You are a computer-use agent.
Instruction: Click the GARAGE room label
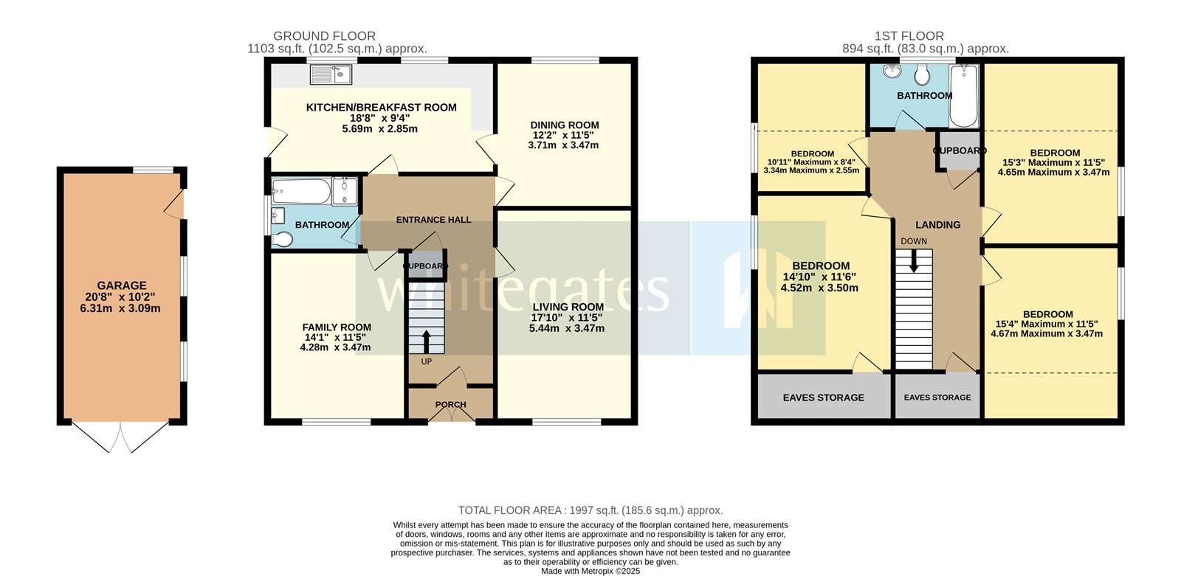tap(122, 285)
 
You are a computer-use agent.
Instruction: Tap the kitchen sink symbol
tap(331, 73)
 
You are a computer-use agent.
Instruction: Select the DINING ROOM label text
tap(565, 125)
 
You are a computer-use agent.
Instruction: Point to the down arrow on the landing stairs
tap(914, 260)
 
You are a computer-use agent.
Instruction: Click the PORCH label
tap(450, 405)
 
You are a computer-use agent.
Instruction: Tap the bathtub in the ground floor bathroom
tap(300, 192)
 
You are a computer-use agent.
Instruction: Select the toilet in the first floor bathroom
tap(920, 74)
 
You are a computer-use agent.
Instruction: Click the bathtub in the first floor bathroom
tap(963, 96)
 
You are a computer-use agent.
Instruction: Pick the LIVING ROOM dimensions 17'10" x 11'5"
tap(567, 318)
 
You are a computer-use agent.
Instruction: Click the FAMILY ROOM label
tap(337, 327)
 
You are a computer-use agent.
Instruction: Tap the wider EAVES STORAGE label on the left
tap(824, 398)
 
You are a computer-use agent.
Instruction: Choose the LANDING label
tap(938, 225)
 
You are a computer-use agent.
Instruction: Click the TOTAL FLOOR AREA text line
tap(590, 510)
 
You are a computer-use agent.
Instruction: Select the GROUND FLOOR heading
tap(324, 36)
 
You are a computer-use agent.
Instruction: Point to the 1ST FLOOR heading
tap(909, 36)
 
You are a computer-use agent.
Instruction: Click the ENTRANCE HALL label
tap(433, 220)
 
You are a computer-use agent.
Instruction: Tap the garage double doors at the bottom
tap(122, 437)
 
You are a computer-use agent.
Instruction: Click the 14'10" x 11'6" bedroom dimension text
tap(820, 277)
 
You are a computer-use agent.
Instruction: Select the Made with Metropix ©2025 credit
tap(590, 571)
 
